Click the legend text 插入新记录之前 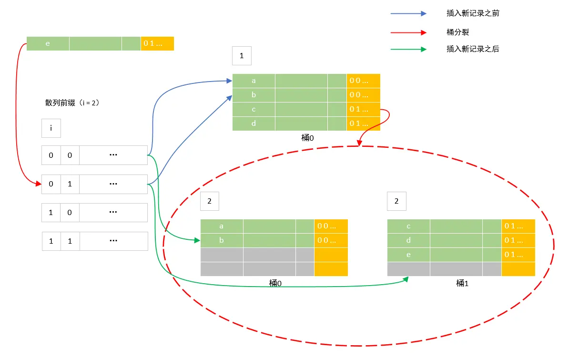pos(473,13)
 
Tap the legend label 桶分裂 pos(458,32)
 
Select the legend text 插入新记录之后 pos(473,49)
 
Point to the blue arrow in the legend pos(408,14)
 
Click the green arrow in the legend pos(408,49)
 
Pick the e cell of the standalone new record pos(48,43)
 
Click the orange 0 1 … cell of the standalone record pos(157,43)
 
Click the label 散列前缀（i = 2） pos(72,103)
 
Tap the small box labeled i pos(51,128)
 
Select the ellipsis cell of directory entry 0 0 pos(113,155)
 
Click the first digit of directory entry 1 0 pos(51,213)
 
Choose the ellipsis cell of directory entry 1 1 pos(113,241)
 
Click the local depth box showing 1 pos(242,56)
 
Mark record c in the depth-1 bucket pos(254,110)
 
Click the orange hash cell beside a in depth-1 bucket pos(363,81)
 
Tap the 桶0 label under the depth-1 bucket pos(308,137)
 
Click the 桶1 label pos(462,283)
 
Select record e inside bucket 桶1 pos(408,255)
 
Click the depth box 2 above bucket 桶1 pos(396,201)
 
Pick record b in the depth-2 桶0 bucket pos(222,241)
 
